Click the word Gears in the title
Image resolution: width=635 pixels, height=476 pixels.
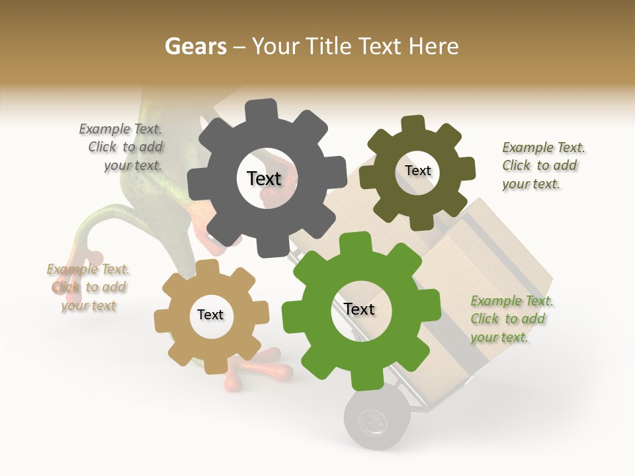click(195, 46)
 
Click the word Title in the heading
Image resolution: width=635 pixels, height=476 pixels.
click(333, 46)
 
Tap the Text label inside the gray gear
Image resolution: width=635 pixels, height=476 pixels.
click(264, 178)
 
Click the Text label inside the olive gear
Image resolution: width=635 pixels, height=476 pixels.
click(418, 171)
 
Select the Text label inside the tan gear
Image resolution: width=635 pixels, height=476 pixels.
click(210, 315)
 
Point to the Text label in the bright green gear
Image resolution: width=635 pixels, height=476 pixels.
click(359, 309)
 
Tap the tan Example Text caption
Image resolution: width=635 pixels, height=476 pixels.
click(88, 288)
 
